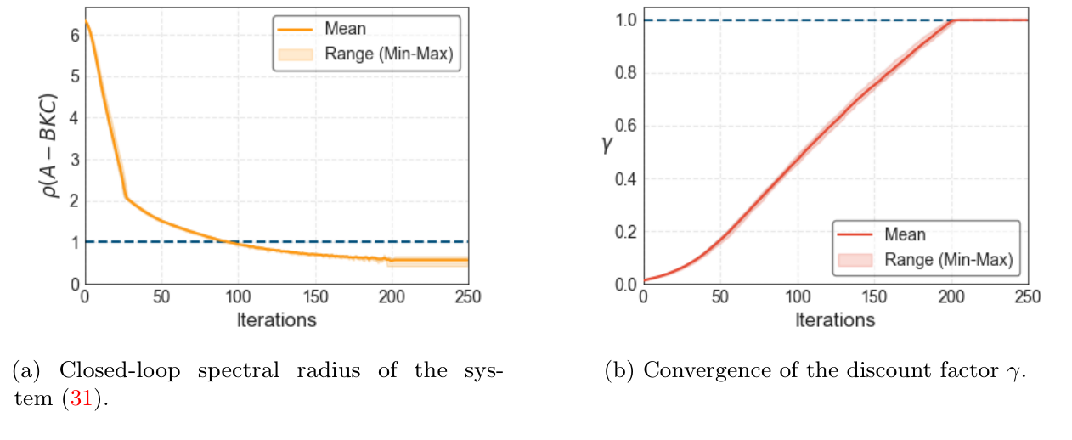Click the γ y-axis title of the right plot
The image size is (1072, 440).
point(606,145)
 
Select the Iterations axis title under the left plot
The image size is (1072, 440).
point(276,320)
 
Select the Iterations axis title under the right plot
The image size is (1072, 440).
point(835,320)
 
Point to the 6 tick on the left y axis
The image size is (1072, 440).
point(74,35)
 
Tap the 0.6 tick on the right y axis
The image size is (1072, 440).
point(624,127)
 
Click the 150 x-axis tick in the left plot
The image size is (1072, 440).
point(314,297)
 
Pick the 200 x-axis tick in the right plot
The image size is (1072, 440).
point(951,297)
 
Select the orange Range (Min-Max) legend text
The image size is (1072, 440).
point(388,54)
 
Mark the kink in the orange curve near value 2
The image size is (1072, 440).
point(126,197)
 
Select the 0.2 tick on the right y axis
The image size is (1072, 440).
point(624,232)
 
